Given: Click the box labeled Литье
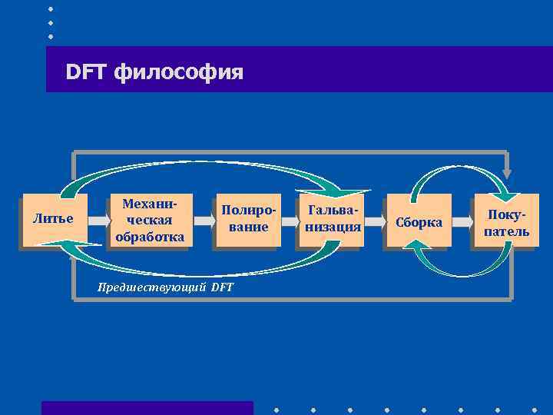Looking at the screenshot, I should pyautogui.click(x=54, y=220).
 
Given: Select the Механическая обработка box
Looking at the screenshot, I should pyautogui.click(x=150, y=220).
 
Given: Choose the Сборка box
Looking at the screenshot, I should pyautogui.click(x=418, y=221).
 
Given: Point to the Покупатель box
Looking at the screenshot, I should pyautogui.click(x=505, y=221).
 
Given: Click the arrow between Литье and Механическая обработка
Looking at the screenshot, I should pyautogui.click(x=98, y=221).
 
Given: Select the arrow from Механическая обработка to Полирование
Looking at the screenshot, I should pyautogui.click(x=203, y=221).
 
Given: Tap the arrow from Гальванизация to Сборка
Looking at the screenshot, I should pyautogui.click(x=374, y=221).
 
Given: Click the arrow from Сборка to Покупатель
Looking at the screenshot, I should pyautogui.click(x=462, y=221).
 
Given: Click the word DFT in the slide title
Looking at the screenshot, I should pyautogui.click(x=86, y=72).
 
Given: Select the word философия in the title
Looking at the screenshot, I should pyautogui.click(x=179, y=73).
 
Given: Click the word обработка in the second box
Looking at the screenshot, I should pyautogui.click(x=150, y=237).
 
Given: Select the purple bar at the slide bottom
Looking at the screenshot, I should pyautogui.click(x=147, y=407).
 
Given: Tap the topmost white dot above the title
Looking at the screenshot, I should pyautogui.click(x=51, y=8).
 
